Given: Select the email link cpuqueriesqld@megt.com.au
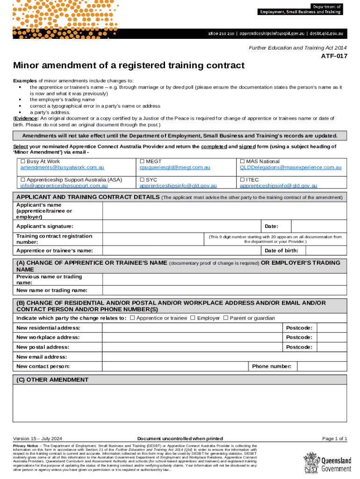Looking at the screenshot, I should (x=174, y=167).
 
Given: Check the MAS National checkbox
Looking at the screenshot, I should (x=242, y=161).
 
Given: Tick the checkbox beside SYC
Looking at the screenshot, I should (x=142, y=180).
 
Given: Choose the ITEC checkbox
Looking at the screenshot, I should (x=242, y=180).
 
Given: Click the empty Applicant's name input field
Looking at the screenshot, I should (x=224, y=211).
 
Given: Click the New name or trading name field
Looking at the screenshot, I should (x=224, y=291).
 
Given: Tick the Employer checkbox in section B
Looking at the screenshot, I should (x=192, y=318).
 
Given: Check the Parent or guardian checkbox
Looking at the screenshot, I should (x=226, y=318).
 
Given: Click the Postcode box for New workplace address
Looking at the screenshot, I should (x=331, y=337).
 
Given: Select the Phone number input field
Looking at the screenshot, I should (x=321, y=366).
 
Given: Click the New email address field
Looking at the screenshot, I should (x=224, y=357).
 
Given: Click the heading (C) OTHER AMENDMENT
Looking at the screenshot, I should (x=52, y=379).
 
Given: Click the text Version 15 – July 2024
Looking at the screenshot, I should (x=38, y=438).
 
